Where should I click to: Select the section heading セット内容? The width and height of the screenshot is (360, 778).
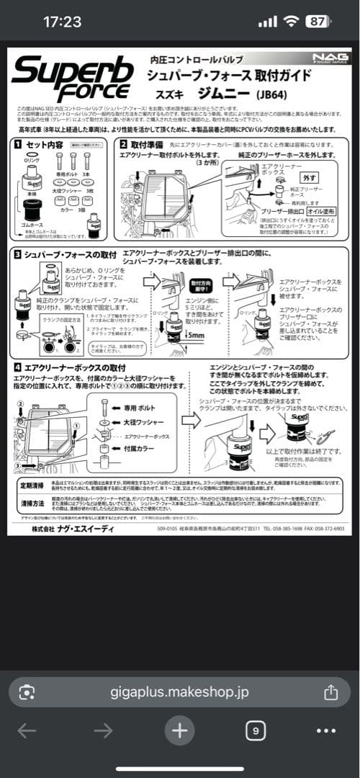coord(45,144)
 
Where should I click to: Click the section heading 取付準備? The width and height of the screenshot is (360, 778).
coord(149,144)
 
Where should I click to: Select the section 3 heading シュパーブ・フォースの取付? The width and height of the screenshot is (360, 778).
coord(71,255)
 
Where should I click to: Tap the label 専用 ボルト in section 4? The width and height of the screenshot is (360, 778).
coord(138,408)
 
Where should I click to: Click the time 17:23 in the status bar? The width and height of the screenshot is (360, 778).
coord(62,22)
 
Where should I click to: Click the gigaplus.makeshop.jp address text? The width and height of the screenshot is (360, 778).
coord(179,692)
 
